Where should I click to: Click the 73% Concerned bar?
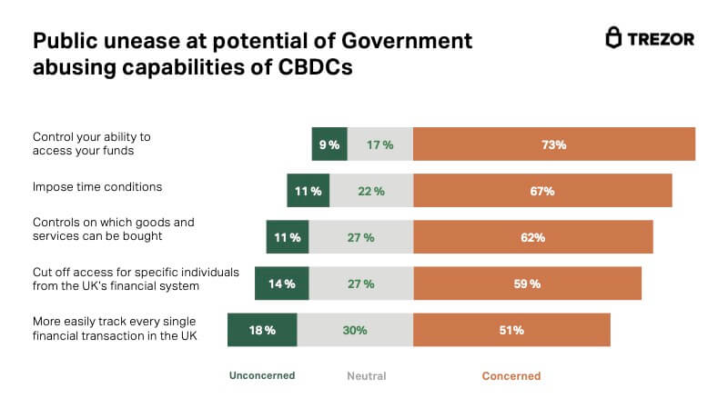tap(554, 144)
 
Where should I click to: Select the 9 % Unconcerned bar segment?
tap(329, 144)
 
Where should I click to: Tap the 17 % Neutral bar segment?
tap(380, 144)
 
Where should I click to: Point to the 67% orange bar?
tap(542, 191)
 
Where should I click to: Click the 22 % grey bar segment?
tap(371, 191)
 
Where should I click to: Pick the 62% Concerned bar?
tap(533, 237)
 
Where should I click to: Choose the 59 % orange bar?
tap(528, 284)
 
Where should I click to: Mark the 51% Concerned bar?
tap(511, 330)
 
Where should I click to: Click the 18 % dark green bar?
tap(263, 330)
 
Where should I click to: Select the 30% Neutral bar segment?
tap(356, 330)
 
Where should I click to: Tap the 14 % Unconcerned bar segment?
tap(282, 284)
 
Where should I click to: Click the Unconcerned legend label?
tap(262, 375)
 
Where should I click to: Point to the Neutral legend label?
tap(367, 375)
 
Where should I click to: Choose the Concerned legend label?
tap(511, 375)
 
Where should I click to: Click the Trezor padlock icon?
tap(614, 38)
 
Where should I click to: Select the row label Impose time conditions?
tap(97, 187)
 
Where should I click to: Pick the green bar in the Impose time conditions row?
tap(308, 191)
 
